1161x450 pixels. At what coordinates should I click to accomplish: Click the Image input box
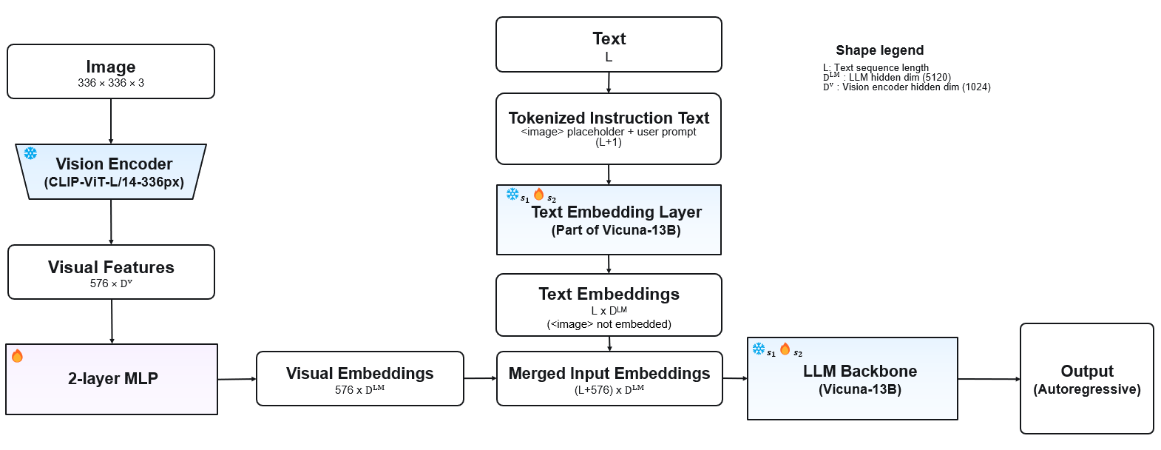pos(111,72)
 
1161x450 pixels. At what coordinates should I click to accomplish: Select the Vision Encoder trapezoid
pos(111,172)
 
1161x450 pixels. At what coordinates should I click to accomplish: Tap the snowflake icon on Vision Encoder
pos(30,154)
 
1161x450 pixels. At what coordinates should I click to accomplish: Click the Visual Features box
pos(111,272)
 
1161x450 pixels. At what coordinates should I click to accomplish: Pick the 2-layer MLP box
pos(112,379)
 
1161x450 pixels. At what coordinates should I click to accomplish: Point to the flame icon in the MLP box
pos(17,355)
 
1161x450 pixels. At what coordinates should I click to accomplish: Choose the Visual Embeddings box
pos(359,378)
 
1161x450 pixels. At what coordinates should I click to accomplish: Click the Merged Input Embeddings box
pos(609,378)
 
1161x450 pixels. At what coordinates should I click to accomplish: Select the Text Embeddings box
pos(609,305)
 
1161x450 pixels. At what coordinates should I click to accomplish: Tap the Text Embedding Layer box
pos(609,220)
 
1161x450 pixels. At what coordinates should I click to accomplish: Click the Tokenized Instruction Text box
pos(609,129)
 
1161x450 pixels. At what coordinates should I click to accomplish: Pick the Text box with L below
pos(609,44)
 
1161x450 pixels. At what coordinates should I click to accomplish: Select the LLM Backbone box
pos(853,378)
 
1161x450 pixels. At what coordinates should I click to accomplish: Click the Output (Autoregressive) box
pos(1087,378)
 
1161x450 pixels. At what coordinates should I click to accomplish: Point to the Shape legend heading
pos(879,50)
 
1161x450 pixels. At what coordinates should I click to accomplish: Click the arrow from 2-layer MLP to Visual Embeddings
pos(237,379)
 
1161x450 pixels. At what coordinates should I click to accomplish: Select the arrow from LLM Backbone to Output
pos(989,379)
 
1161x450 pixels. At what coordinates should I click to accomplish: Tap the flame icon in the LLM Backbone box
pos(785,349)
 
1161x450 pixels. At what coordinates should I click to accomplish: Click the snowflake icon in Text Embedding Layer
pos(512,194)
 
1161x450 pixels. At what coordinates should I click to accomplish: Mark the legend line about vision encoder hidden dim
pos(907,87)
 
